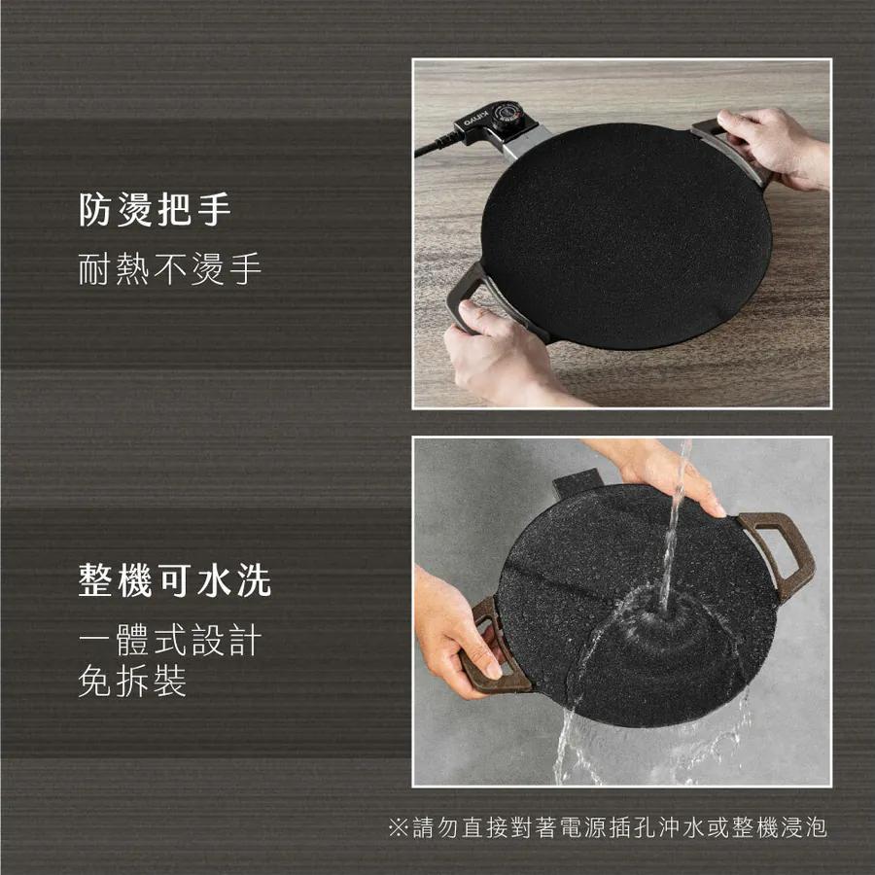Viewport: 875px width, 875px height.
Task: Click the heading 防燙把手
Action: tap(155, 210)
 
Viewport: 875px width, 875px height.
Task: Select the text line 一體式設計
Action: tap(170, 642)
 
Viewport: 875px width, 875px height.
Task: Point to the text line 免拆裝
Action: tap(131, 682)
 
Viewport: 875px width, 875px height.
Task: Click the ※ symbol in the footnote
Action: tap(397, 828)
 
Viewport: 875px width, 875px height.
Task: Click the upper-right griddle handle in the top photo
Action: tap(729, 151)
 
